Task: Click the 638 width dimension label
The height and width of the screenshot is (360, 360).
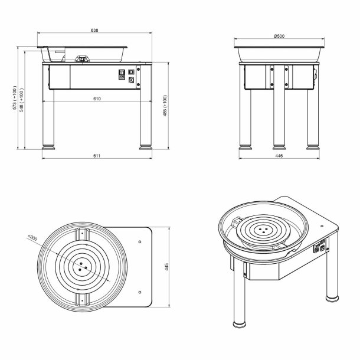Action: (x=94, y=30)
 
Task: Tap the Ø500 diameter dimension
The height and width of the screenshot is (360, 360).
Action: (x=279, y=36)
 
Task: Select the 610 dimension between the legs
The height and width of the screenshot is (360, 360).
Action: (x=97, y=99)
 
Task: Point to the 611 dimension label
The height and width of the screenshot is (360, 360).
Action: (x=97, y=156)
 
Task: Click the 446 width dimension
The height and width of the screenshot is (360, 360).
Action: (x=279, y=156)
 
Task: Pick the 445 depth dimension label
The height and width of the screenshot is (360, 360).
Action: (x=166, y=267)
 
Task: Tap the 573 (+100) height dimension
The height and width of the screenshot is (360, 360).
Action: (x=15, y=97)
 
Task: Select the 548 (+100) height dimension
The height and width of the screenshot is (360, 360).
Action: (x=21, y=100)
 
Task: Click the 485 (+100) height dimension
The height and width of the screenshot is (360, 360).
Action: (x=165, y=106)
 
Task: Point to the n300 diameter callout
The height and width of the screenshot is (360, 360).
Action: (x=32, y=237)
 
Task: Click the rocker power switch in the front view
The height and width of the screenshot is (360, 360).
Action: (x=122, y=74)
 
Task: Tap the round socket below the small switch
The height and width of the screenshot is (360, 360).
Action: (x=132, y=80)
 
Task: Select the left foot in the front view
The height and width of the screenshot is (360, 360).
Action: (x=48, y=147)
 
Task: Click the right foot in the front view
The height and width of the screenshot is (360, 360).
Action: (x=146, y=147)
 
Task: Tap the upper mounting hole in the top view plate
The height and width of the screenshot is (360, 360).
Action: (x=140, y=242)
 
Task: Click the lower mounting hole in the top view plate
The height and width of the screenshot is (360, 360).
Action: (x=140, y=292)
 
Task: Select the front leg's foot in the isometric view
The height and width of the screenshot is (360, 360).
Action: (x=240, y=324)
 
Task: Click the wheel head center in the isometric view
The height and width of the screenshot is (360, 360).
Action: (x=263, y=230)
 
